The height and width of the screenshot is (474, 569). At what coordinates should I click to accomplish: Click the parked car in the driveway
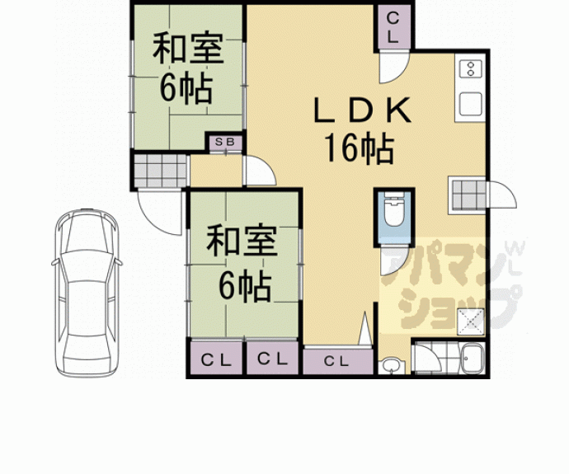[x=86, y=293]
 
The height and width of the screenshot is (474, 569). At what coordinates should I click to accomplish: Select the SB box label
[x=226, y=143]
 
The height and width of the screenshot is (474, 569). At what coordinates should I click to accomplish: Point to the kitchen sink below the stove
[x=471, y=105]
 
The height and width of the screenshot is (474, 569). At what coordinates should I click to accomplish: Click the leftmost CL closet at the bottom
[x=216, y=359]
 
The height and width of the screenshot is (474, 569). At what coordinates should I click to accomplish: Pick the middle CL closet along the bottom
[x=272, y=359]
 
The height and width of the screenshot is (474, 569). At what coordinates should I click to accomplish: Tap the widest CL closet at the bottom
[x=335, y=361]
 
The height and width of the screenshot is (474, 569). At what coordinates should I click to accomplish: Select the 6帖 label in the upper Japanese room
[x=185, y=88]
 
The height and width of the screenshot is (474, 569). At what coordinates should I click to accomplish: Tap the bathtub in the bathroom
[x=474, y=360]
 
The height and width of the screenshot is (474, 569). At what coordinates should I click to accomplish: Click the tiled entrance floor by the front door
[x=160, y=172]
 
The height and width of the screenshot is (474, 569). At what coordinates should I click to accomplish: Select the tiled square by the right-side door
[x=467, y=195]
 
